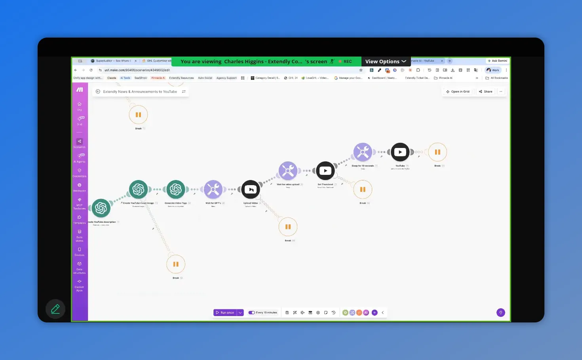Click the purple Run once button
pos(225,313)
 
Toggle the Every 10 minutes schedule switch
pos(251,313)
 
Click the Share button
pos(485,91)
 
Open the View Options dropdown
pos(386,61)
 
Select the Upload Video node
pos(251,189)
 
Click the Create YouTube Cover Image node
pos(139,189)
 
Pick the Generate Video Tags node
pos(176,189)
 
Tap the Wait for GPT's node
pos(213,189)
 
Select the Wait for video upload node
pos(288,171)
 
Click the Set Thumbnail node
pos(325,171)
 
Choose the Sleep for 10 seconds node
pos(363,152)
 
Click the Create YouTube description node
pos(101,208)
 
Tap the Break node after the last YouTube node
pos(437,152)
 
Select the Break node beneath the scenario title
pos(138,115)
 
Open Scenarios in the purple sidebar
pos(80,143)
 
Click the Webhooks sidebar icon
pos(80,187)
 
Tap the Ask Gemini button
pos(498,61)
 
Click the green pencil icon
pos(55,309)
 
